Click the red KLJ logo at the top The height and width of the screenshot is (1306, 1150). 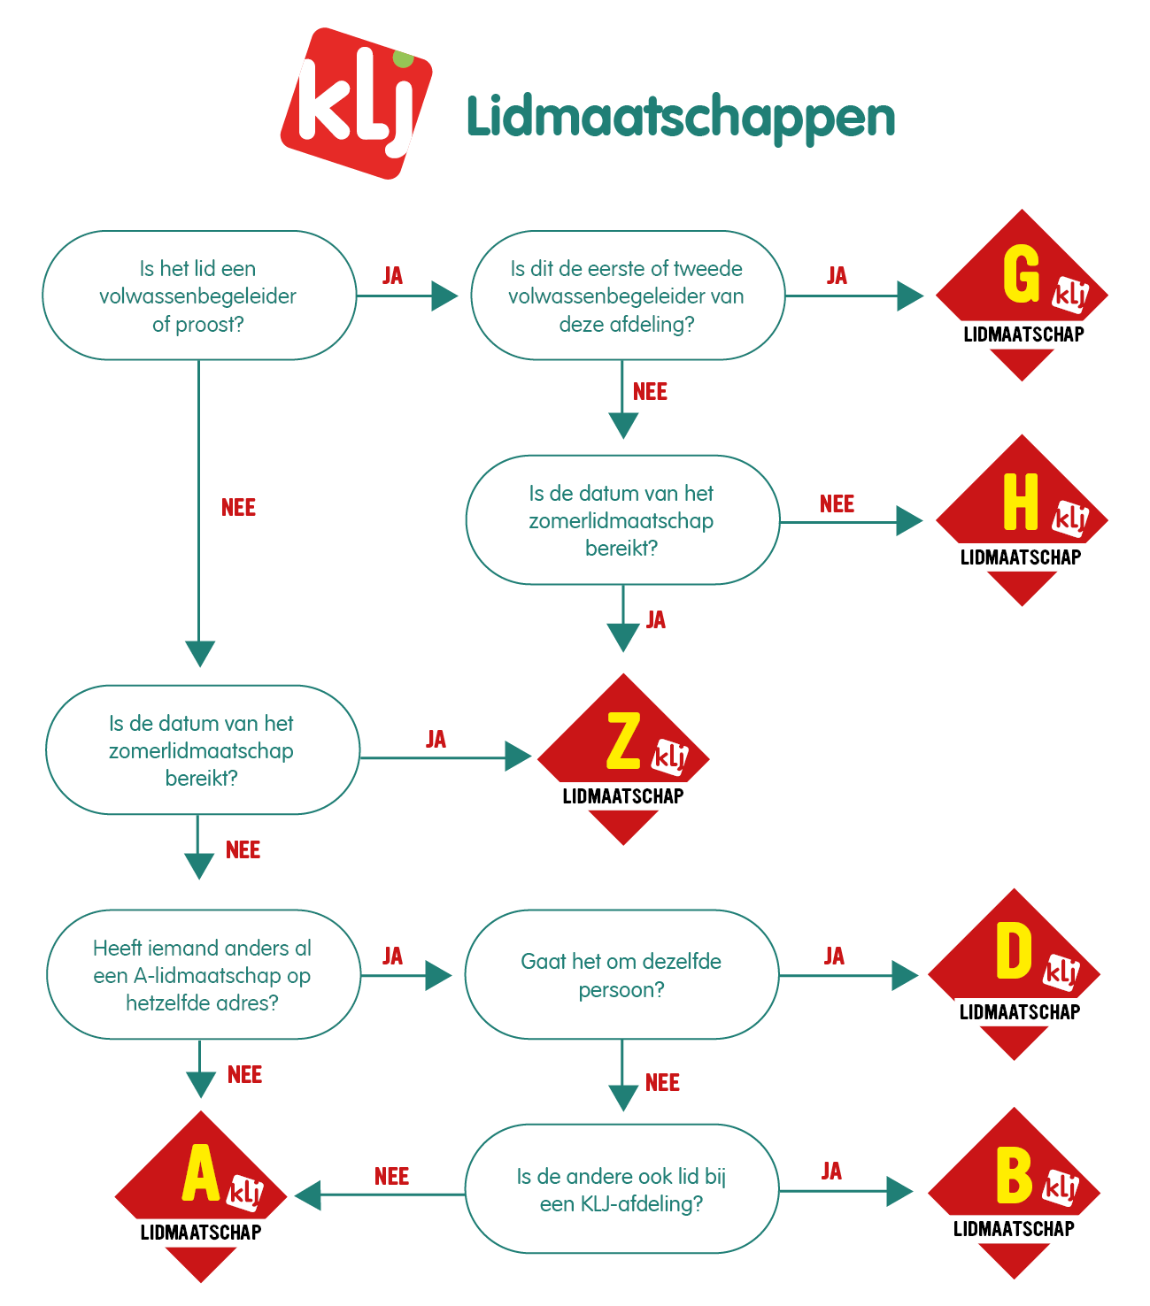pos(356,104)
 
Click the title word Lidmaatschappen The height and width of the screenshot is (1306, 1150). pos(680,118)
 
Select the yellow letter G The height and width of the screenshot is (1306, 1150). pos(1021,274)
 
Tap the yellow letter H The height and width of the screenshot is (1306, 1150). pos(1020,502)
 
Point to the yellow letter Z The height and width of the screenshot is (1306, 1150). pos(623,741)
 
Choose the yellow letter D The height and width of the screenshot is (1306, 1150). pos(1014,952)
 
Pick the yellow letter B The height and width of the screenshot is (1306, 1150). pos(1014,1175)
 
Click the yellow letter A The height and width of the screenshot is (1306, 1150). pos(201,1173)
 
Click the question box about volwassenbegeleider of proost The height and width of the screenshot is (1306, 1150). pos(199,296)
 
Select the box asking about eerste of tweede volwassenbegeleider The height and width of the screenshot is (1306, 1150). pos(627,296)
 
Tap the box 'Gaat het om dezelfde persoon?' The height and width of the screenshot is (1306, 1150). pos(621,975)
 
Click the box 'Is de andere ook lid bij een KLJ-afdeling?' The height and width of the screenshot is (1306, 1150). pos(621,1190)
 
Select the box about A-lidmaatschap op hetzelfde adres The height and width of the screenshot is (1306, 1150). pos(203,975)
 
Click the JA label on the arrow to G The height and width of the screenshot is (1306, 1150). pos(837,275)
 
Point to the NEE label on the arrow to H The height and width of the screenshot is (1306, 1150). pos(837,504)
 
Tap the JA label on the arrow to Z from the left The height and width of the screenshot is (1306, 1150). pos(436,740)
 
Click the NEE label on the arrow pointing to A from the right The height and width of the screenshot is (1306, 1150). pos(391,1177)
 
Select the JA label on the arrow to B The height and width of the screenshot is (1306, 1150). pos(831,1172)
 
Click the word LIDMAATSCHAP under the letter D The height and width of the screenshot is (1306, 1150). pos(1020,1012)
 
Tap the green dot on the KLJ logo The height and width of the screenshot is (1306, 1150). pos(404,58)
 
